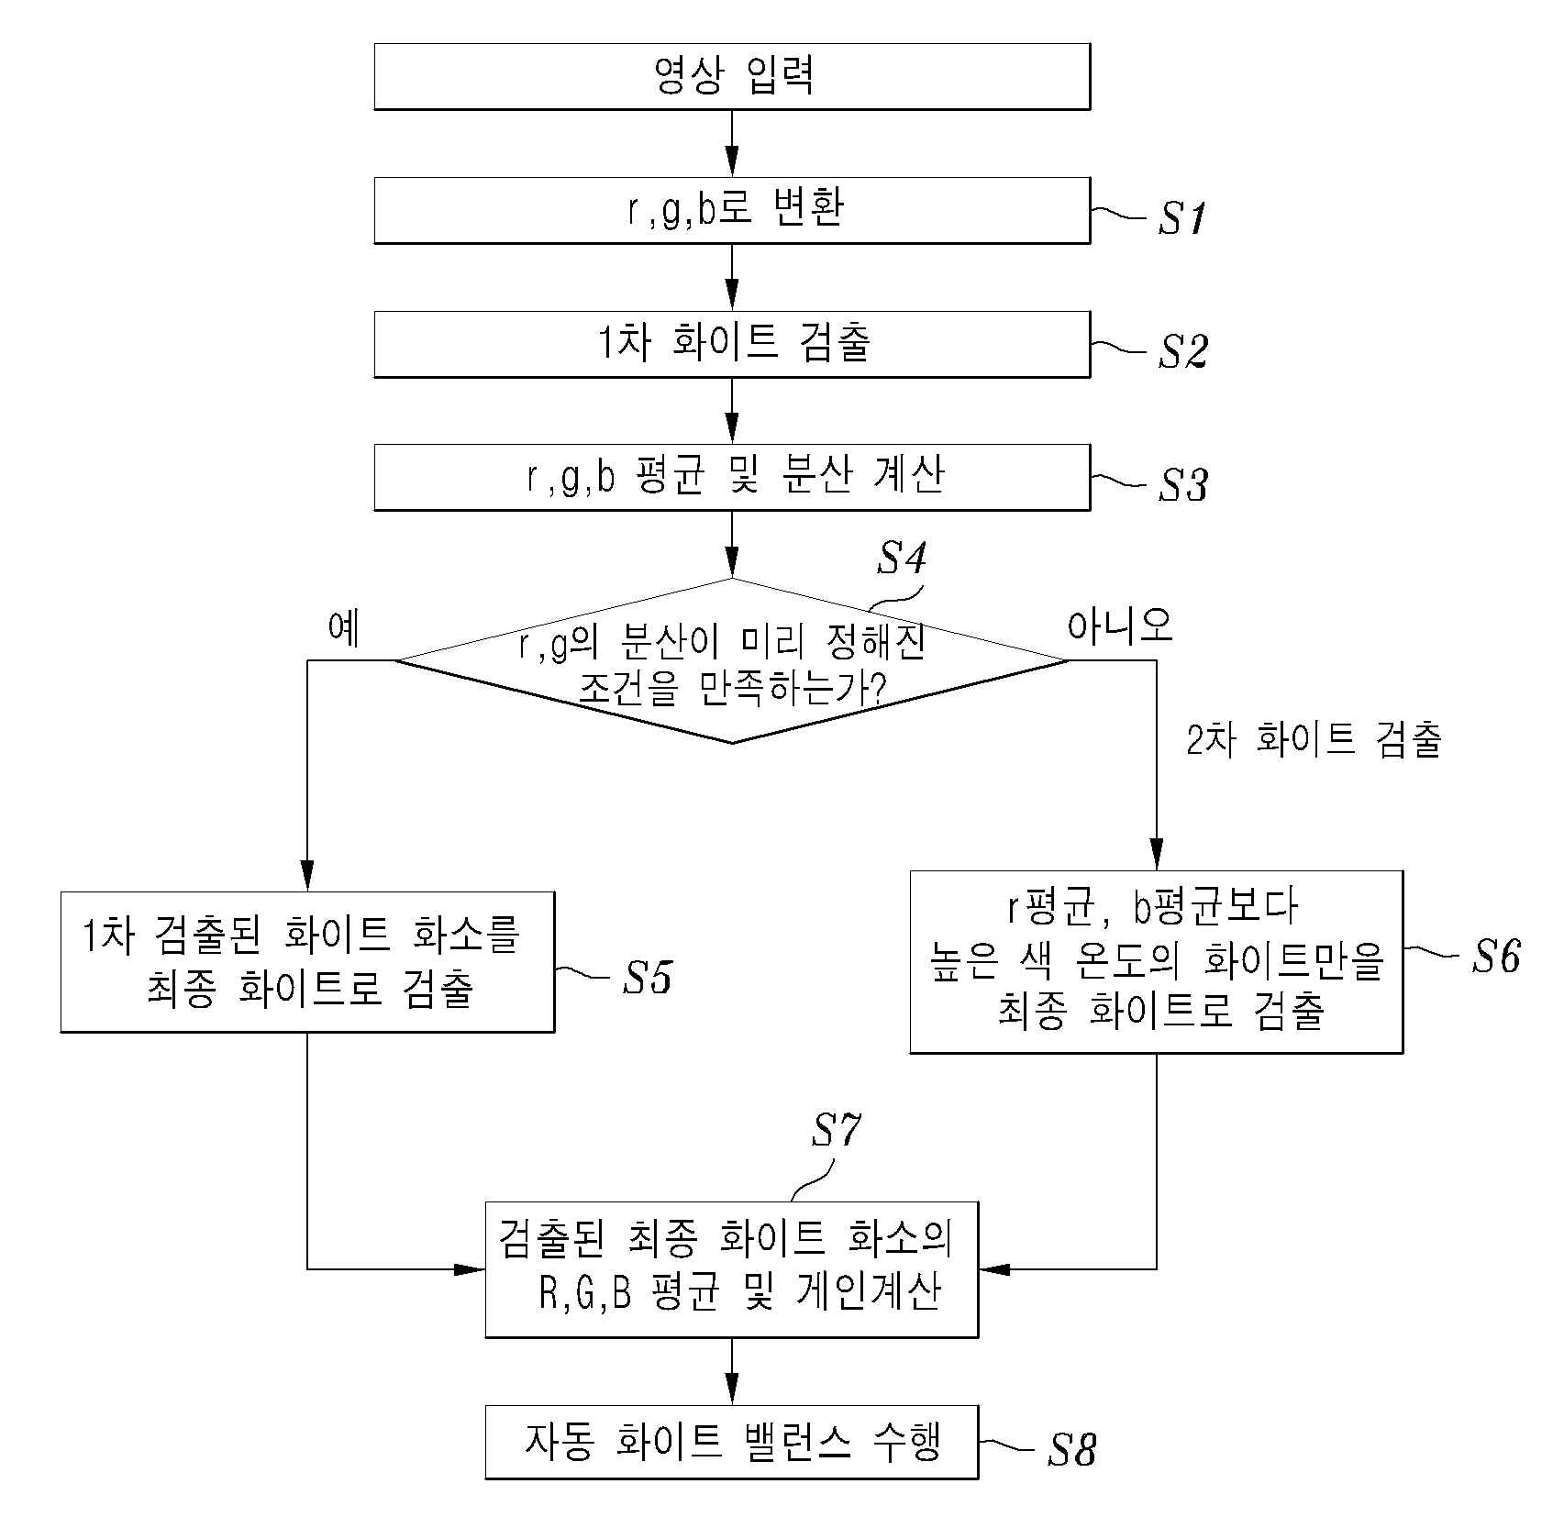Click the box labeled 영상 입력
click(x=732, y=76)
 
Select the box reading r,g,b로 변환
click(x=732, y=210)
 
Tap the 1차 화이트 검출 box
click(x=732, y=344)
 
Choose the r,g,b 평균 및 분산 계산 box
click(x=732, y=477)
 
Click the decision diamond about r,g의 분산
click(x=732, y=660)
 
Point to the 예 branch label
click(x=344, y=629)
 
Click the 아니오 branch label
click(x=1120, y=626)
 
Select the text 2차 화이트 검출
click(x=1314, y=740)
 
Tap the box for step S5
click(x=307, y=961)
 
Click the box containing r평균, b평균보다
click(x=1156, y=961)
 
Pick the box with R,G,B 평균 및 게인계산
click(x=732, y=1268)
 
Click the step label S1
click(x=1181, y=218)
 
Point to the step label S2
click(x=1182, y=351)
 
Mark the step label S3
click(x=1182, y=485)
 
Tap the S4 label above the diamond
click(x=902, y=558)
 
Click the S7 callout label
click(x=836, y=1131)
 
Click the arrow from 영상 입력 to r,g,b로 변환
click(x=732, y=144)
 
